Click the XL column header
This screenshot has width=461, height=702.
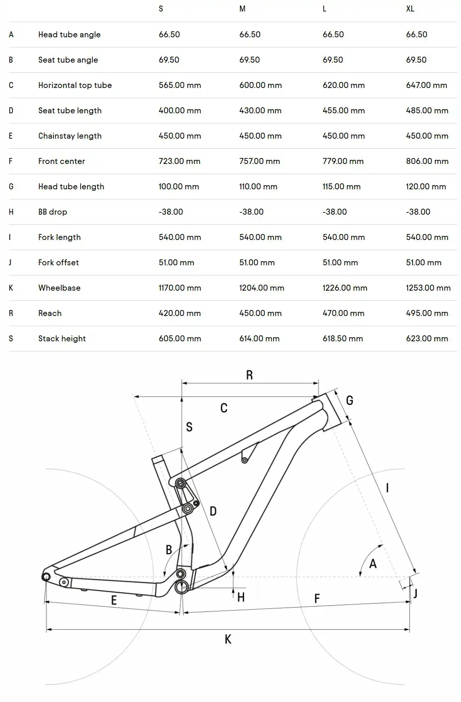[x=410, y=9]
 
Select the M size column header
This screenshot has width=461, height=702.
[x=242, y=9]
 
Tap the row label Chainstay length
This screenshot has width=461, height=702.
[x=70, y=136]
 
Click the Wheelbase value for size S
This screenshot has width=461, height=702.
[x=180, y=288]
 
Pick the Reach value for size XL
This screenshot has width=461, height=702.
[x=427, y=313]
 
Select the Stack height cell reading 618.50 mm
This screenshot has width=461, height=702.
[x=343, y=339]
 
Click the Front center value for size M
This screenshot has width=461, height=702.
[x=259, y=161]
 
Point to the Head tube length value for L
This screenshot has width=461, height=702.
[x=341, y=187]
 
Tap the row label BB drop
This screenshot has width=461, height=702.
[x=53, y=212]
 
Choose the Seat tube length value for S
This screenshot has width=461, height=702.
[x=180, y=110]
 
